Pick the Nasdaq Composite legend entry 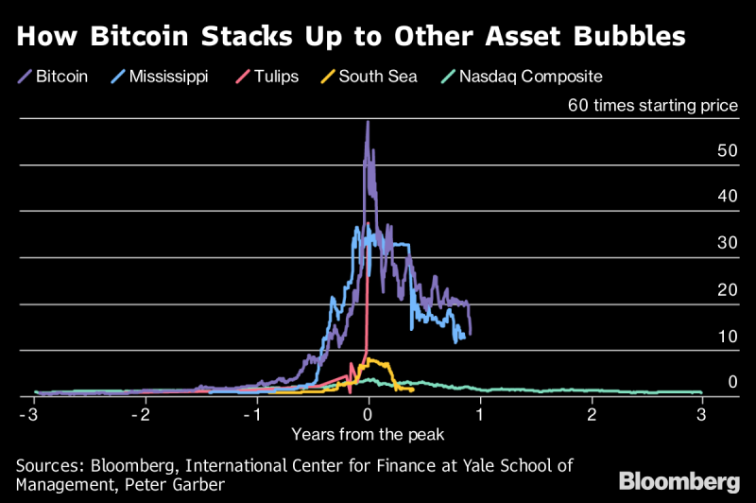(530, 76)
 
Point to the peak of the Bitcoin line (368, 122)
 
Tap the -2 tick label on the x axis (142, 414)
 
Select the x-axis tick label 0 (369, 414)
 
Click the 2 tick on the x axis (593, 414)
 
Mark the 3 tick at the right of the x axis (702, 414)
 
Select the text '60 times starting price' (652, 106)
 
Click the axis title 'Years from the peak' (368, 434)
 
